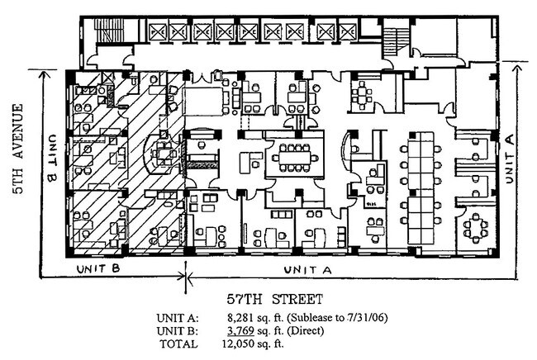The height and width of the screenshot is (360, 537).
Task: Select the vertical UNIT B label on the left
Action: [x=51, y=159]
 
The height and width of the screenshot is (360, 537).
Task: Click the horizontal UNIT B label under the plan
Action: [x=100, y=269]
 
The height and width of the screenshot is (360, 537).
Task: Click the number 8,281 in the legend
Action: [x=241, y=316]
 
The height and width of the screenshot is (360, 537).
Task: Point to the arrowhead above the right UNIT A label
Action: [x=511, y=64]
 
